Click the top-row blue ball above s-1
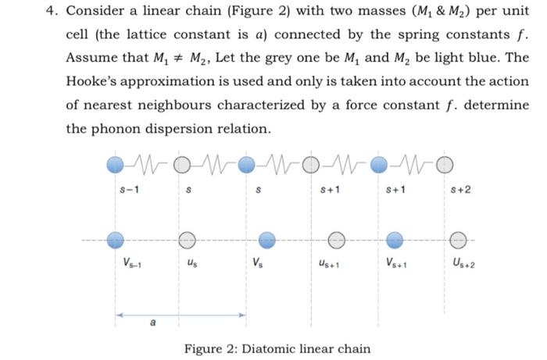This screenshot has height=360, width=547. point(116,164)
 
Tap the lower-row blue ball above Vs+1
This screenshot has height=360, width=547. point(396,238)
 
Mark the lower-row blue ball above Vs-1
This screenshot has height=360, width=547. point(116,238)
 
